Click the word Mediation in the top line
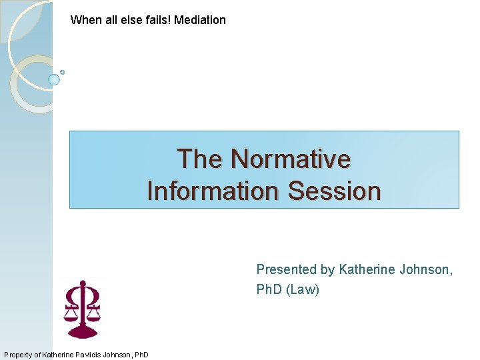pos(200,20)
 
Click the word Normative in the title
pos(290,159)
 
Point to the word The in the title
pos(199,159)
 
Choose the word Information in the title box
pos(213,191)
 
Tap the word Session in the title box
pos(334,191)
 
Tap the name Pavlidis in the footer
pos(83,355)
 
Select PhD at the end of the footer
pos(141,355)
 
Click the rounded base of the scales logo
pos(83,334)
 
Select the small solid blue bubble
pos(54,79)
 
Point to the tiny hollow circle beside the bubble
pos(62,72)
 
